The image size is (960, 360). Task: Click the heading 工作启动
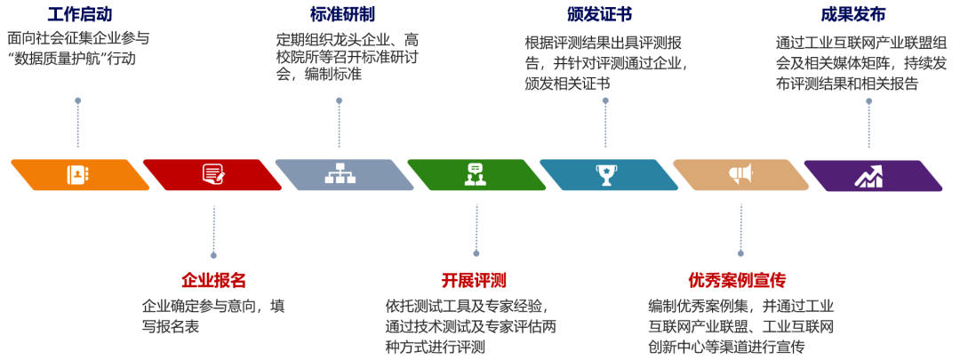[x=79, y=15]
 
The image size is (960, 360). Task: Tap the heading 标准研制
[x=342, y=15]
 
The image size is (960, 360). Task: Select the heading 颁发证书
[x=599, y=15]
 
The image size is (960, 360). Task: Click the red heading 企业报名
[x=213, y=281]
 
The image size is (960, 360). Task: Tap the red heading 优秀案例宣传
[x=737, y=281]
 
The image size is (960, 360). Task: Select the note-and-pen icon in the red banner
[x=212, y=174]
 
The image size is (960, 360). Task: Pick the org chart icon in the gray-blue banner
[x=340, y=174]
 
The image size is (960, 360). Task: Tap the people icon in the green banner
[x=474, y=174]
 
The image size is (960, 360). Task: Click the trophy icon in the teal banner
[x=607, y=174]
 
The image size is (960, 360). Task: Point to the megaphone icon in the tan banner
[x=740, y=174]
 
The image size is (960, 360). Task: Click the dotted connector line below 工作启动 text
[x=78, y=124]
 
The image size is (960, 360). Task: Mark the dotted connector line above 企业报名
[x=213, y=233]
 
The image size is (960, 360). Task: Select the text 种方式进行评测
[x=436, y=347]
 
